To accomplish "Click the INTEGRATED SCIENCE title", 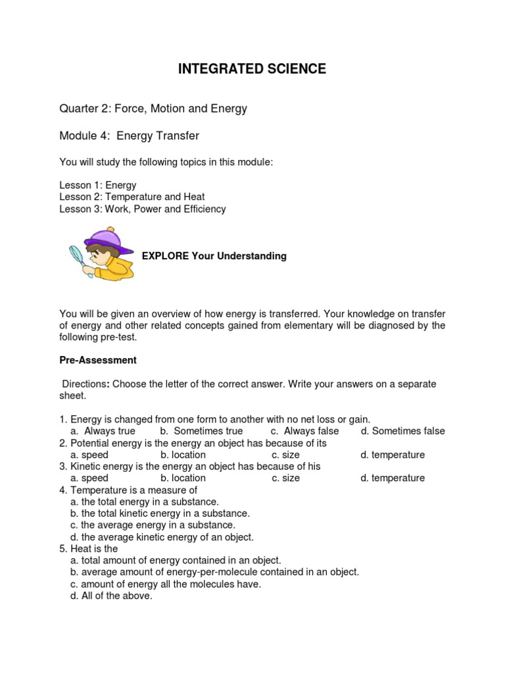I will [252, 69].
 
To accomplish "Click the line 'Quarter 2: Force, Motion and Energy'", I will [153, 109].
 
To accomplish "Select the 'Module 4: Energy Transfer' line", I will [129, 136].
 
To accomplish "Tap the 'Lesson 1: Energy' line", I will [98, 185].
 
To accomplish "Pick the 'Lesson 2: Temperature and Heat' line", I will [132, 197].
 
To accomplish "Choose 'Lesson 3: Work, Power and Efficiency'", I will [143, 209].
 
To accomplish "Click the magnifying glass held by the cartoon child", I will [78, 253].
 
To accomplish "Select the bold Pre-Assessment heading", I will [98, 360].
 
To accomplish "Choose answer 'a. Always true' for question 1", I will [103, 431].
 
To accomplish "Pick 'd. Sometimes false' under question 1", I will [402, 431].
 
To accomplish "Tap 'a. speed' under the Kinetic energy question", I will [89, 479].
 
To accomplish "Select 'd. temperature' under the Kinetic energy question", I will [393, 479].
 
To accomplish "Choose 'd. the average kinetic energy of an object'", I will [162, 537].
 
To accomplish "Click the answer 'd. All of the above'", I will [111, 596].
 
